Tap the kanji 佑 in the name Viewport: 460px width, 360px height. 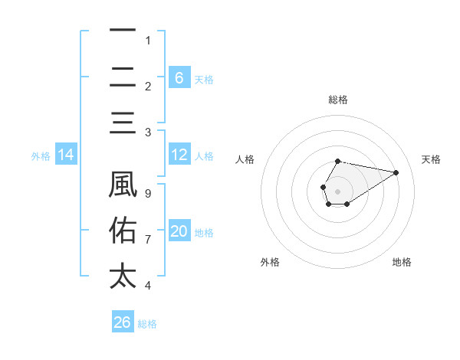tap(123, 231)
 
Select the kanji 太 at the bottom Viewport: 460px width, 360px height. tap(123, 276)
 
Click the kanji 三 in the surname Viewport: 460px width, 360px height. tap(123, 123)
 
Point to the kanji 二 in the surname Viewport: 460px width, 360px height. tap(123, 77)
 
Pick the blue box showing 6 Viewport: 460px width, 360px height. tap(179, 77)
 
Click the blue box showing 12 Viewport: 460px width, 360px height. tap(179, 155)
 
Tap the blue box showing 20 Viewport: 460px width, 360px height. tap(179, 231)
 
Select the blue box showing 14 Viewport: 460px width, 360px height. tap(66, 155)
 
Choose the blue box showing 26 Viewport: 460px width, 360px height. tap(123, 322)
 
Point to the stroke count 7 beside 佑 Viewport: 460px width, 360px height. tap(148, 240)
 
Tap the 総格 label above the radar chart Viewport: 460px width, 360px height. tap(337, 100)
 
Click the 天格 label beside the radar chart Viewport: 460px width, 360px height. tap(431, 159)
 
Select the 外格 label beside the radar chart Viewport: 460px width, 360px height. tap(269, 262)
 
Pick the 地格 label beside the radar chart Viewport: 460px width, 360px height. tap(402, 262)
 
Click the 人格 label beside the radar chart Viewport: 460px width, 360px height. tap(245, 159)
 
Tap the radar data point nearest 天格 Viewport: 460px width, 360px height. tap(396, 172)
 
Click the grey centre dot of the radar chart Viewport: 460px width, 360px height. tap(337, 190)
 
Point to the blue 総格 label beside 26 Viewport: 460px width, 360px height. tap(147, 324)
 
